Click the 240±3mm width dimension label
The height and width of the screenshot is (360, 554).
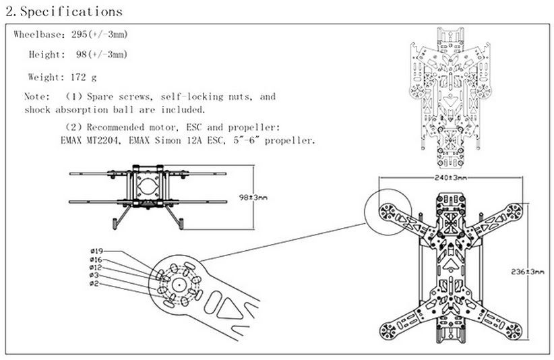point(450,177)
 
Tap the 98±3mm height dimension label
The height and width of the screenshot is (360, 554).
point(253,198)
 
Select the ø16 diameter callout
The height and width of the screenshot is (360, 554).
point(95,260)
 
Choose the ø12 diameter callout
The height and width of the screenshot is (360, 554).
point(95,268)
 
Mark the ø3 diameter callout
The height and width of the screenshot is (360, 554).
point(94,276)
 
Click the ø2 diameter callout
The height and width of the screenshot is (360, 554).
point(94,284)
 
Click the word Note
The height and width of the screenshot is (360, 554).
point(36,96)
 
